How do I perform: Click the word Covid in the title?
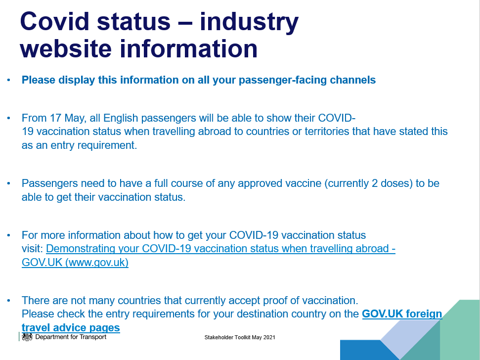54,21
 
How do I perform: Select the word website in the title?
66,48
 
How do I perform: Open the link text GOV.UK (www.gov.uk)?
75,263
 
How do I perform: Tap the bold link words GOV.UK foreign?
402,314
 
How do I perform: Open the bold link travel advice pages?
71,328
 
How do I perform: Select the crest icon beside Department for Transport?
27,337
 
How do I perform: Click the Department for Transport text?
71,337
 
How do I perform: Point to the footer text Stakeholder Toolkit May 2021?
240,337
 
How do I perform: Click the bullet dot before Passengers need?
8,183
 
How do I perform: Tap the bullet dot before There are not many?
8,301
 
